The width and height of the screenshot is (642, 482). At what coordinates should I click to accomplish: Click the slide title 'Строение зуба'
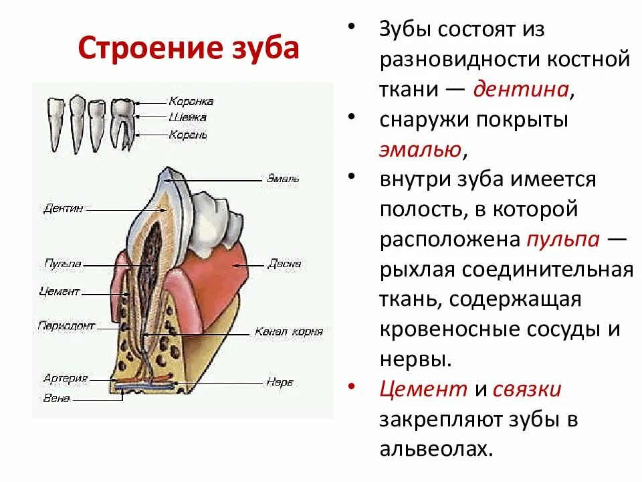(x=189, y=48)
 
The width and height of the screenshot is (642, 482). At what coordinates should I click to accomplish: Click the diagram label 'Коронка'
(x=191, y=102)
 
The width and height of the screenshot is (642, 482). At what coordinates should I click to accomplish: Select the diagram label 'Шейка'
(x=187, y=118)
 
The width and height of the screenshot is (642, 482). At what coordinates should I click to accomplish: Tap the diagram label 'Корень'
(x=188, y=135)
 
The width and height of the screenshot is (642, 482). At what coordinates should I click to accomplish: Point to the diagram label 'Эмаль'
(x=282, y=179)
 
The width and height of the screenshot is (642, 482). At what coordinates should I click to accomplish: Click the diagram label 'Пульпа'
(x=63, y=264)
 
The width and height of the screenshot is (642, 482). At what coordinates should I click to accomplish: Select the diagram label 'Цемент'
(x=60, y=292)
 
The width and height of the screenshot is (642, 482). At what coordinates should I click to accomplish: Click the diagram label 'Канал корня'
(x=288, y=331)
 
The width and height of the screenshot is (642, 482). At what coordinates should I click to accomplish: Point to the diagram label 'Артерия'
(x=66, y=378)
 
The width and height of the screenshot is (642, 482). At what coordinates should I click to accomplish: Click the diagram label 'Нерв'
(x=280, y=383)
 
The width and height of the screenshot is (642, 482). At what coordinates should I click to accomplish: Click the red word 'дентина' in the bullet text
(x=521, y=89)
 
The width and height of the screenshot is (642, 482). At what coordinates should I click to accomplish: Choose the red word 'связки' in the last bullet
(x=527, y=389)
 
